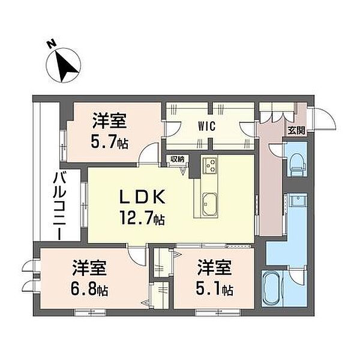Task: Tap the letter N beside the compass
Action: pos(52,44)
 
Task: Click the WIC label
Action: pos(207,126)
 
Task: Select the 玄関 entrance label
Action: pos(296,131)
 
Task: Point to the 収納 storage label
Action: pos(177,159)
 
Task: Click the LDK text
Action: pos(142,197)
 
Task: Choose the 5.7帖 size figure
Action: pos(109,142)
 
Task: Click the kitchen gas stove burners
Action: pos(211,166)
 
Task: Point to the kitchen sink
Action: pos(209,204)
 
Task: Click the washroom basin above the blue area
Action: pos(298,200)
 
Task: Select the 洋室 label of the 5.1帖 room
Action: pos(214,268)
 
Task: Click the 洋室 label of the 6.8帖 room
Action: pos(89,268)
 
